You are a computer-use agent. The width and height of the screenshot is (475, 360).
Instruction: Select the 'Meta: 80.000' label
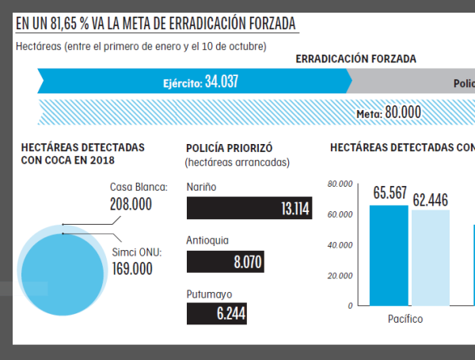[388, 113]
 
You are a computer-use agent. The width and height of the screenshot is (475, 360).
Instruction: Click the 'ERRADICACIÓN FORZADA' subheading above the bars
[355, 59]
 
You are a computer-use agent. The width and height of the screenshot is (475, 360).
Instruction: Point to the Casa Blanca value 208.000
[131, 204]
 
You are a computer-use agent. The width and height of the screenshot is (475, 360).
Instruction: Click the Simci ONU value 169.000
[131, 268]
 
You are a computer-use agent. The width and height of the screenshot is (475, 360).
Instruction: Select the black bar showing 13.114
[249, 209]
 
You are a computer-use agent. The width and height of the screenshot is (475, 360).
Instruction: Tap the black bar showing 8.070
[225, 261]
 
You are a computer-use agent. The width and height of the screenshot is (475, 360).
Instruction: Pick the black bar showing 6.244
[216, 313]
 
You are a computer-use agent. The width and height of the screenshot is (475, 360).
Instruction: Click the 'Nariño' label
[201, 187]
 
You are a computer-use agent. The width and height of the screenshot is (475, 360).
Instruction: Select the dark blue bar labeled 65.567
[389, 255]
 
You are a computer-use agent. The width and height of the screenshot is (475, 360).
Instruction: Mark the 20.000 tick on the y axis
[340, 275]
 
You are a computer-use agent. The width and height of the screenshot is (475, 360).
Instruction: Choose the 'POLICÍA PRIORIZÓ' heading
[229, 148]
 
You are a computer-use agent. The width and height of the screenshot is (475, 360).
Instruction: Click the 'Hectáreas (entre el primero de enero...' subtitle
[141, 46]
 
